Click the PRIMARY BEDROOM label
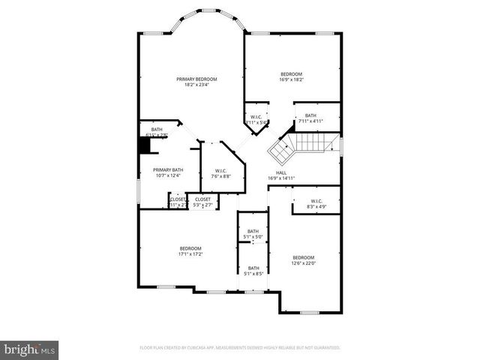pyautogui.click(x=196, y=79)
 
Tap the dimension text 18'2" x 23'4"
pyautogui.click(x=196, y=85)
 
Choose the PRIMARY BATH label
pyautogui.click(x=168, y=169)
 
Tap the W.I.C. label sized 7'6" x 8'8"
pyautogui.click(x=221, y=170)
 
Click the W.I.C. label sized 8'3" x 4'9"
pyautogui.click(x=316, y=200)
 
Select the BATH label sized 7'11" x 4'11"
pyautogui.click(x=310, y=115)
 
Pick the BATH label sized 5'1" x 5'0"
pyautogui.click(x=253, y=231)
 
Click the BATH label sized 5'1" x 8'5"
pyautogui.click(x=253, y=268)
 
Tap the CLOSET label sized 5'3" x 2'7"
pyautogui.click(x=202, y=199)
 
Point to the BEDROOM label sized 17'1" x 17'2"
pyautogui.click(x=190, y=248)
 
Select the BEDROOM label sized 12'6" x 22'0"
pyautogui.click(x=304, y=256)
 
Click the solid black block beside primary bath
pyautogui.click(x=145, y=145)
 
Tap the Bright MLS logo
pyautogui.click(x=29, y=349)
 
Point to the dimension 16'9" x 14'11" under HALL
pyautogui.click(x=281, y=178)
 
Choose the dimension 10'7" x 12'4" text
pyautogui.click(x=168, y=175)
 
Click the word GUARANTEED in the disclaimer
pyautogui.click(x=325, y=348)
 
